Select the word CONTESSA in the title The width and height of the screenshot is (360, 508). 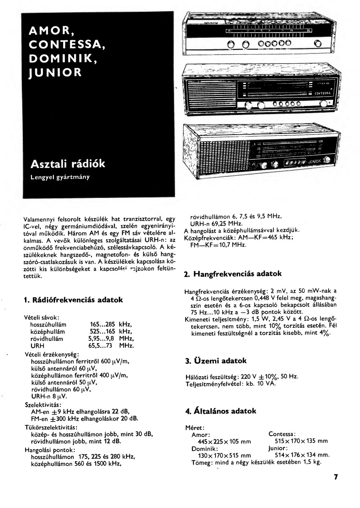(67, 44)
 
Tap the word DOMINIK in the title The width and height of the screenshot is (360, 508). (62, 58)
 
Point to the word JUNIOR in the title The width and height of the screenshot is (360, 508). (55, 72)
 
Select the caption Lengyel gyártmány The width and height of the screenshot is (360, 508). (60, 177)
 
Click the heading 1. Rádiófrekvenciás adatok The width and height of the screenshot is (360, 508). (73, 300)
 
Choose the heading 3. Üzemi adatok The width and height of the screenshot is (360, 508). (216, 360)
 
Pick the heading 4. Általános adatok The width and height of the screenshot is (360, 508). (221, 411)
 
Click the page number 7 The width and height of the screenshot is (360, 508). (336, 477)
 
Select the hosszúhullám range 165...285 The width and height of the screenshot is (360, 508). (102, 325)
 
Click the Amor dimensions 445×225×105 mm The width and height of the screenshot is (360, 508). (221, 442)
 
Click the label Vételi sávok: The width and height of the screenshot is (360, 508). (42, 317)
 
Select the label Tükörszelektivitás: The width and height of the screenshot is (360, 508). (51, 427)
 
